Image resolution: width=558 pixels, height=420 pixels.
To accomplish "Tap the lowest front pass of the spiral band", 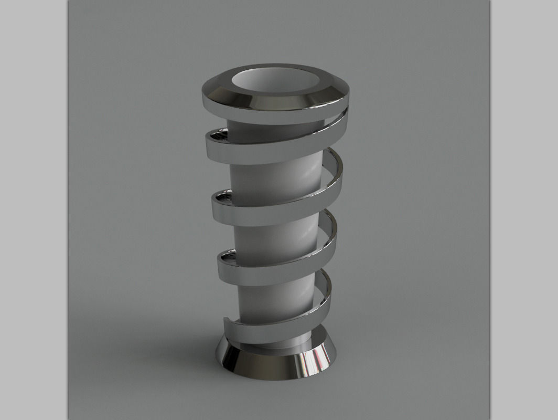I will click(x=273, y=328).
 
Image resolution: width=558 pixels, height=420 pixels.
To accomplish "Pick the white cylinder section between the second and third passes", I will click(x=273, y=239).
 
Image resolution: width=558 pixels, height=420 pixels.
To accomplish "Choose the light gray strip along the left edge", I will click(x=34, y=210).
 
